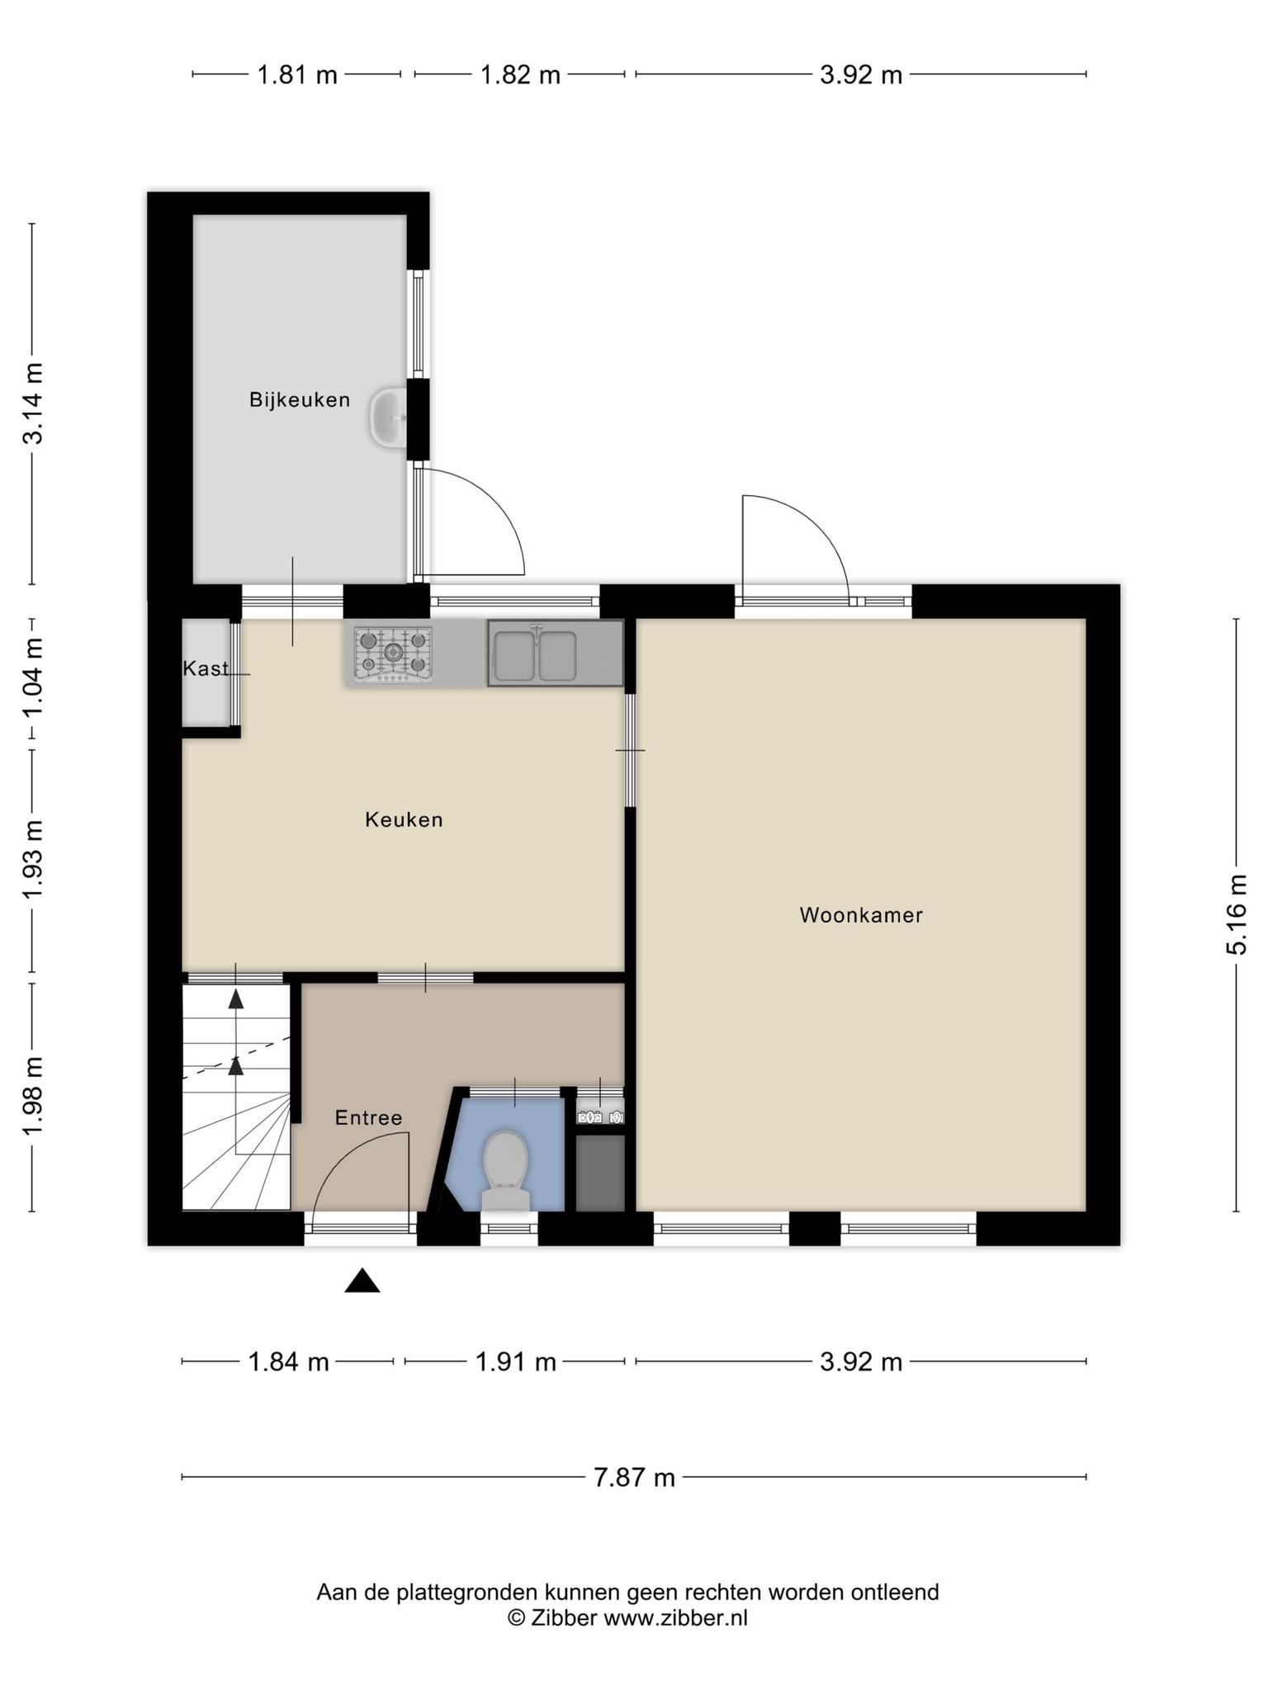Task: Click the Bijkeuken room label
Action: coord(300,400)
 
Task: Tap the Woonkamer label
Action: coord(861,915)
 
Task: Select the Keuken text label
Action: coord(404,819)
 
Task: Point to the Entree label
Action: coord(368,1117)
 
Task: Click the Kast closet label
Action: coord(206,668)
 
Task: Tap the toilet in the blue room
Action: coord(505,1170)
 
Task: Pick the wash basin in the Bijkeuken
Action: coord(387,418)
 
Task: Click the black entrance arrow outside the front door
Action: coord(362,1280)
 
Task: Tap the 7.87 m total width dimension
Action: coord(634,1476)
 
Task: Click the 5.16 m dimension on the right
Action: coord(1236,914)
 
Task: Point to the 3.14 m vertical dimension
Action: coord(33,404)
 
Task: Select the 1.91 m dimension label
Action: coord(515,1361)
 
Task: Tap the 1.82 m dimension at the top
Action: coord(520,75)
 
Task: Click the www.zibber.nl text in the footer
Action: coord(675,1618)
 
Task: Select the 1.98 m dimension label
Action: coord(33,1096)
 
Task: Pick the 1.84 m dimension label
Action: coord(288,1361)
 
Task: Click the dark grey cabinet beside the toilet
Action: coord(600,1173)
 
